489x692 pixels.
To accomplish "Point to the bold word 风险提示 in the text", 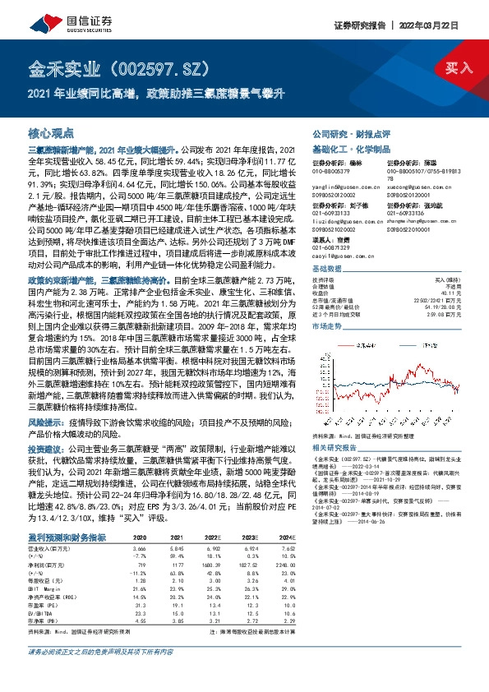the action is [44, 422].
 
